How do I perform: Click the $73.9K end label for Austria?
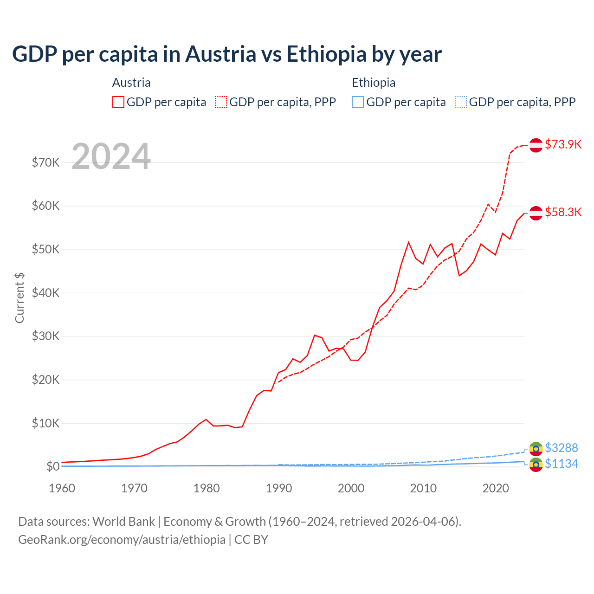coord(563,144)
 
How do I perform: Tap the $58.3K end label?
coord(563,212)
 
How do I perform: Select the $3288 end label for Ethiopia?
coord(561,448)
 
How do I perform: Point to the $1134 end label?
coord(561,464)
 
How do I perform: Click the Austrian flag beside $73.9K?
coord(536,145)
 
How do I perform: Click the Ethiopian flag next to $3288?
coord(536,449)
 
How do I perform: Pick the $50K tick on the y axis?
coord(45,249)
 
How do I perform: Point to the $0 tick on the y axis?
coord(53,466)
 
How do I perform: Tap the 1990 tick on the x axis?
coord(279,488)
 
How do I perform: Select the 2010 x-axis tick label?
coord(424,488)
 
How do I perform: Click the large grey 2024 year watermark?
coord(111,156)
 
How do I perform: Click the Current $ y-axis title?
coord(19,297)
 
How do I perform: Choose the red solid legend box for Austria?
coord(118,102)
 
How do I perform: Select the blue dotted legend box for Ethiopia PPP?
coord(461,102)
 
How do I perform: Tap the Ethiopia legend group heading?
coord(374,83)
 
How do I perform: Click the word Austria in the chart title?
coord(221,54)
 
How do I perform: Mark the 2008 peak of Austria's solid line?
coord(409,242)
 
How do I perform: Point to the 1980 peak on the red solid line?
coord(206,420)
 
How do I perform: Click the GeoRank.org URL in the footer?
coord(122,540)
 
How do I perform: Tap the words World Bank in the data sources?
coord(123,522)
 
